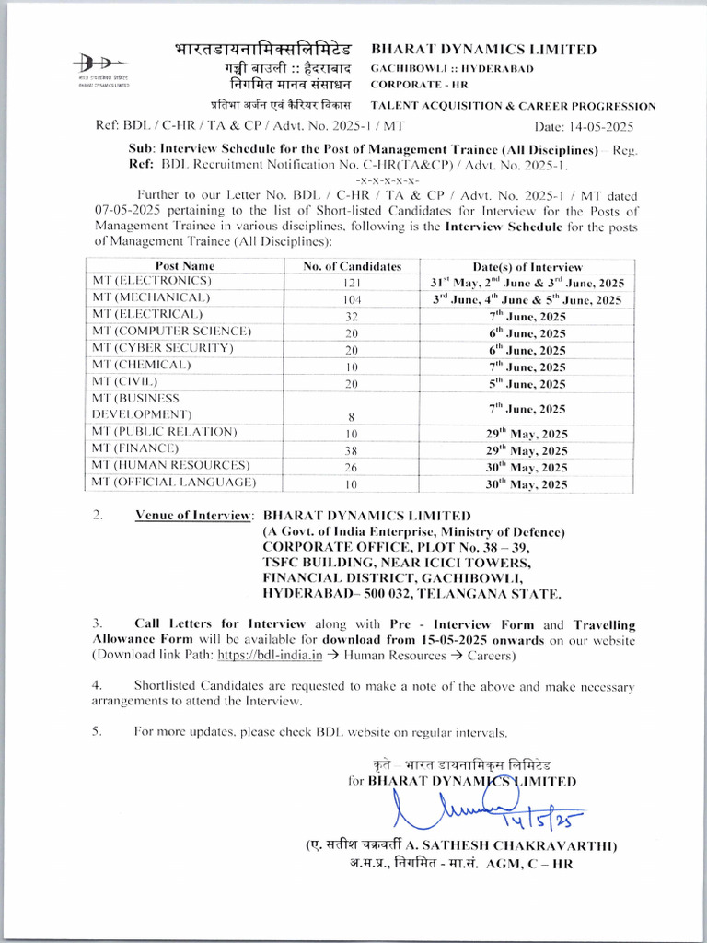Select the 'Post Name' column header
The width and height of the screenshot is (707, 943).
(185, 265)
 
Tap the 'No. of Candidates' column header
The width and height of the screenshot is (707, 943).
(353, 265)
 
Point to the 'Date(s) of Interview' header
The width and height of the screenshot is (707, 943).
(527, 265)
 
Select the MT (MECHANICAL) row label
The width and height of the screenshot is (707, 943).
(152, 298)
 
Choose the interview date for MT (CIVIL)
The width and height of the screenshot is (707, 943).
(527, 384)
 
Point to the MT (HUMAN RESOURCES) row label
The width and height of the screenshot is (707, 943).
(171, 465)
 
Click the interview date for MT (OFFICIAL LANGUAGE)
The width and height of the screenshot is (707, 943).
(527, 483)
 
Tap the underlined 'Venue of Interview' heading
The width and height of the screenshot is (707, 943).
(194, 516)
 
